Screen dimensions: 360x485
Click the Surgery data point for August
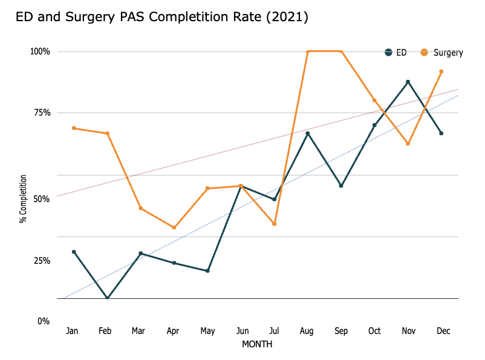coord(308,51)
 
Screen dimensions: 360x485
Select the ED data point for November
coord(408,82)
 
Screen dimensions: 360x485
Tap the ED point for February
coord(108,298)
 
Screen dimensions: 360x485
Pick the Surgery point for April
coord(174,227)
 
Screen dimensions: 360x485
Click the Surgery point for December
coord(441,71)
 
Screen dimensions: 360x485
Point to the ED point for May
coord(207,270)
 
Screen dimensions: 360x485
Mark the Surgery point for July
coord(275,224)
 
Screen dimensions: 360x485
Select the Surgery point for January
coord(74,128)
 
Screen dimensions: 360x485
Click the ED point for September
coord(341,186)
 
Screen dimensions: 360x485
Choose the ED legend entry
coord(396,53)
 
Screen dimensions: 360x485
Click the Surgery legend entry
coord(443,53)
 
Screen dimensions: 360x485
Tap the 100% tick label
coord(40,51)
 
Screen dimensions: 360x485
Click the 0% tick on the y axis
coord(43,321)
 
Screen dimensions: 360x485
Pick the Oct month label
coord(374,331)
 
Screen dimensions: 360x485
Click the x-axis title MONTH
coord(257,344)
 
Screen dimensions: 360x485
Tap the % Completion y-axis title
coord(23,198)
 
